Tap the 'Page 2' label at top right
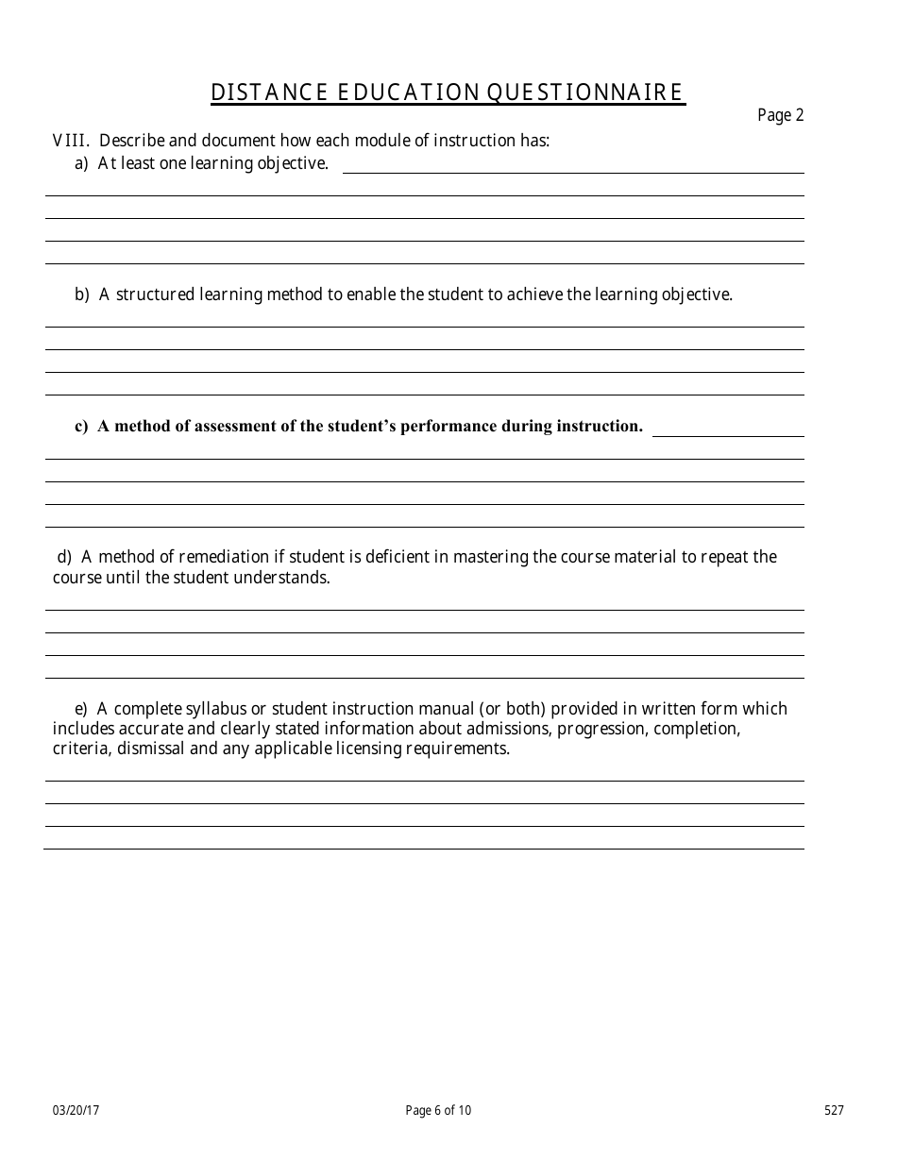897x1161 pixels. pyautogui.click(x=780, y=116)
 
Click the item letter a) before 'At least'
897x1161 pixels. pyautogui.click(x=81, y=163)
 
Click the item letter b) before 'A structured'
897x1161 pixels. pyautogui.click(x=81, y=294)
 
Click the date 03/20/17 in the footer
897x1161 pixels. pyautogui.click(x=76, y=1111)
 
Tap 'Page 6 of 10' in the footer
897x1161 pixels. pyautogui.click(x=438, y=1111)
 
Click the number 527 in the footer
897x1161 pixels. pyautogui.click(x=834, y=1111)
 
